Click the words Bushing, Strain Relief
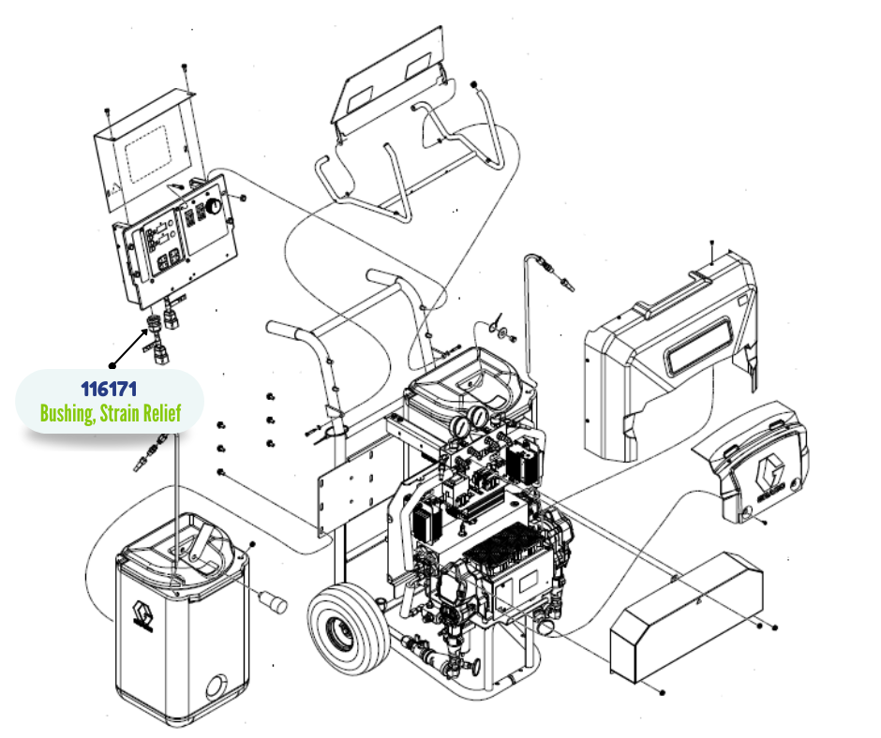pyautogui.click(x=109, y=412)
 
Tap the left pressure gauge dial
pyautogui.click(x=460, y=426)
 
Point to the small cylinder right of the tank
pyautogui.click(x=273, y=600)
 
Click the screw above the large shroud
pyautogui.click(x=712, y=245)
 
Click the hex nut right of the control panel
pyautogui.click(x=243, y=199)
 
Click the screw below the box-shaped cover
pyautogui.click(x=663, y=692)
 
